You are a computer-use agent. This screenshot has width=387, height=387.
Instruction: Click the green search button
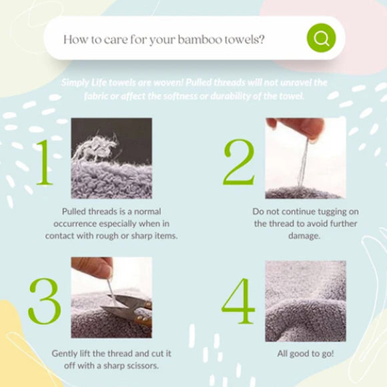tap(321, 38)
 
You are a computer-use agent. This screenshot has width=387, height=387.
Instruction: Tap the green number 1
tap(45, 162)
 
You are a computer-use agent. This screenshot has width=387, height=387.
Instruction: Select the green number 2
tap(239, 162)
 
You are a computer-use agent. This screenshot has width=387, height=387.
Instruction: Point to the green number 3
tap(45, 301)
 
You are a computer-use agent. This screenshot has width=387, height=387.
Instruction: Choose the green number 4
tap(238, 301)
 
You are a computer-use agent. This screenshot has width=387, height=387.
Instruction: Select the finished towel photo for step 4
tap(306, 301)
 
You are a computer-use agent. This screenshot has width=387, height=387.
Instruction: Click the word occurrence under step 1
tap(75, 224)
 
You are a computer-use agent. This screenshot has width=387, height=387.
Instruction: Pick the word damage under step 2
tap(304, 236)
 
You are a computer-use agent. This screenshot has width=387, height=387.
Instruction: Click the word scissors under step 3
tap(143, 366)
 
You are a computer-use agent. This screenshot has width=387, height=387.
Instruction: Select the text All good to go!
tap(306, 354)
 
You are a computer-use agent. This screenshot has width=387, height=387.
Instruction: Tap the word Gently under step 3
tap(63, 354)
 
